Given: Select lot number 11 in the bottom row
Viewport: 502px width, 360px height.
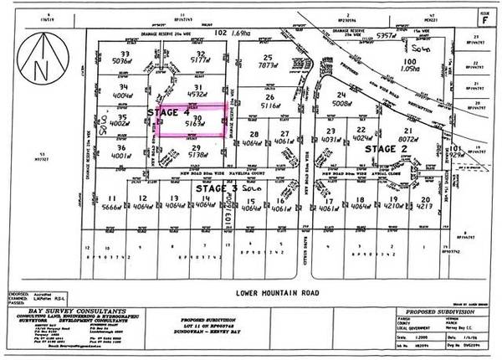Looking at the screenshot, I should pyautogui.click(x=111, y=199).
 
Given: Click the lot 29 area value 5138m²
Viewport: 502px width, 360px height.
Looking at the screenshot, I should pyautogui.click(x=198, y=155).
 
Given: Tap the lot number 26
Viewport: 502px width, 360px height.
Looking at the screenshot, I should pyautogui.click(x=269, y=97).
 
